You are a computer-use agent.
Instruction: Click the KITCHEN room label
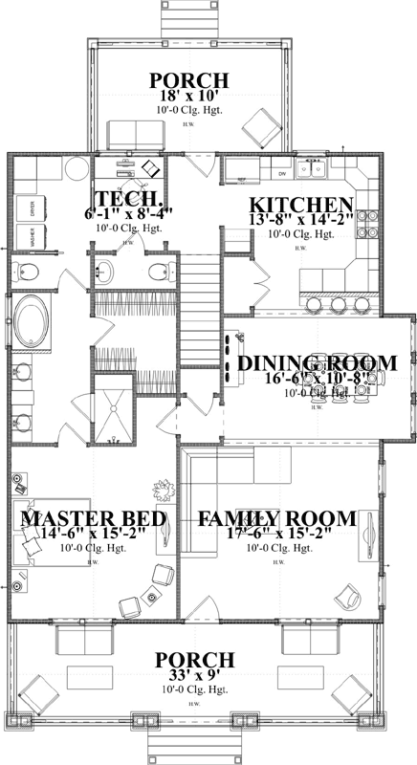pos(300,205)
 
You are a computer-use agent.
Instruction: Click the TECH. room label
pos(120,191)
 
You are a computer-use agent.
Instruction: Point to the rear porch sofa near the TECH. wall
pos(124,135)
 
